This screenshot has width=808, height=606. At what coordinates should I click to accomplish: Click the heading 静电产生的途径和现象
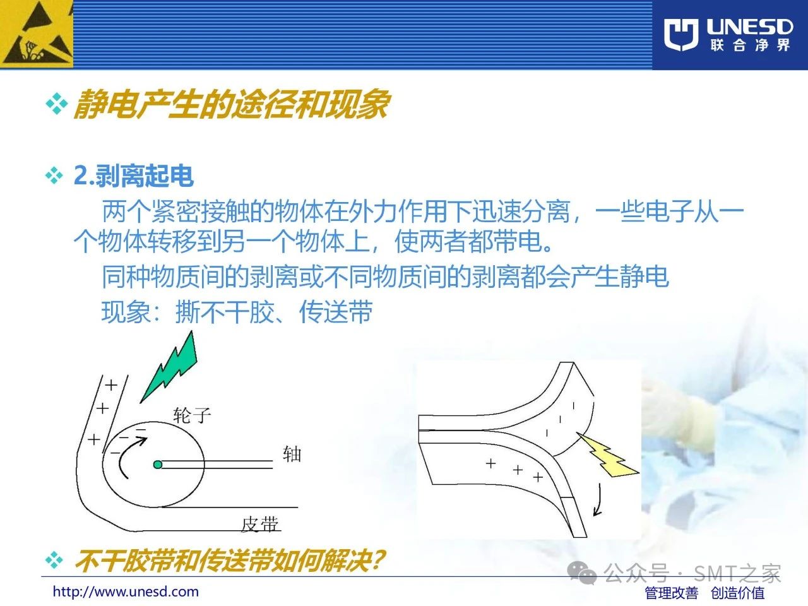[231, 104]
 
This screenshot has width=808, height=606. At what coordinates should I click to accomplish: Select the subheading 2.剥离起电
[134, 176]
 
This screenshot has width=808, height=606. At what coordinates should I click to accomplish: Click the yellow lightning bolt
[607, 454]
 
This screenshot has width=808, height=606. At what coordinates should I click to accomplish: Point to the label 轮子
[192, 415]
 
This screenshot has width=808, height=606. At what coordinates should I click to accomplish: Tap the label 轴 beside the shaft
[292, 454]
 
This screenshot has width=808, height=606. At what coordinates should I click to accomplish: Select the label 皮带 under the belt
[260, 524]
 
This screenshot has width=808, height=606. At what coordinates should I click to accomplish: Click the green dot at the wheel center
[158, 465]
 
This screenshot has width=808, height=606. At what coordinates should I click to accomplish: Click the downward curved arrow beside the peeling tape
[599, 501]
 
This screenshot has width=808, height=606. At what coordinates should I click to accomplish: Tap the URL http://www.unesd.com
[126, 591]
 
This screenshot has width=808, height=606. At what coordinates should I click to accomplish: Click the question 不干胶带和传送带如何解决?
[229, 561]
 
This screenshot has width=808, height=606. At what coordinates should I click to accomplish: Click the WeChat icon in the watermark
[581, 573]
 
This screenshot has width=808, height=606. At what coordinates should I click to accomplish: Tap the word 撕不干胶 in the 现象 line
[225, 312]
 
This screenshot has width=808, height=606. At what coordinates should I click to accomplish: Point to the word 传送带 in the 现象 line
[336, 312]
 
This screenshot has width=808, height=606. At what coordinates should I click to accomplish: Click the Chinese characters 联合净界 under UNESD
[750, 45]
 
